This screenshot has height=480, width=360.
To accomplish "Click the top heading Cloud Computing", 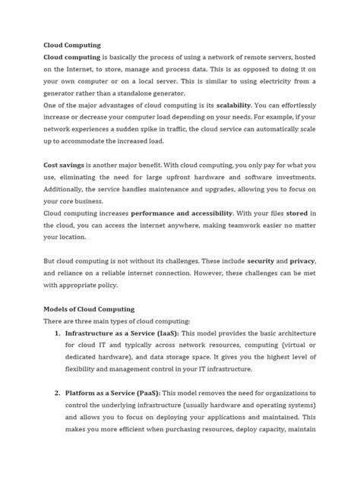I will click(x=74, y=45).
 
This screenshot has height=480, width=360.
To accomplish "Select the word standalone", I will click(x=165, y=93).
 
